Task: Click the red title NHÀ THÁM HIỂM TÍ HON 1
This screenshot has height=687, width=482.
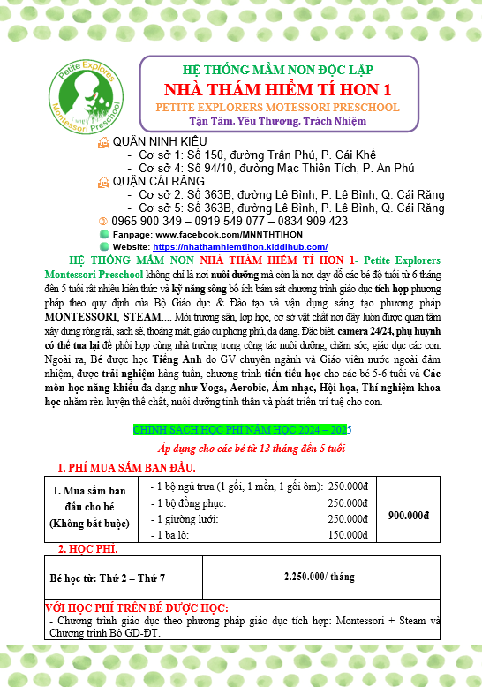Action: tap(278, 90)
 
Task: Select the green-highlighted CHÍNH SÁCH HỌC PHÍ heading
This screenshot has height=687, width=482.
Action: tap(240, 429)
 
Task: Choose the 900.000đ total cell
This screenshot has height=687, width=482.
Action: tap(408, 515)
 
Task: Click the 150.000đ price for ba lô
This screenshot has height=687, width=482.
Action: tap(348, 535)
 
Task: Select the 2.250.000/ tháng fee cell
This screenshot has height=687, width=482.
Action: tap(319, 576)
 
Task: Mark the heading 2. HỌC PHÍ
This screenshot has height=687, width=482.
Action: tap(87, 549)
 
